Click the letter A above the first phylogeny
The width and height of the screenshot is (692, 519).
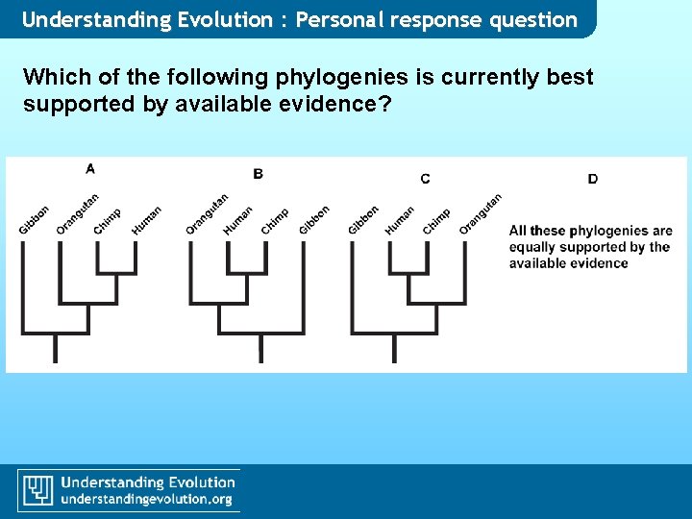(90, 168)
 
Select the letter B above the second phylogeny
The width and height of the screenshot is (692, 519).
(258, 173)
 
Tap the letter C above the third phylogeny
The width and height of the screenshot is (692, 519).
(425, 178)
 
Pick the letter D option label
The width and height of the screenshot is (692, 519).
(592, 178)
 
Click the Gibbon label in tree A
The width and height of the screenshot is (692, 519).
(34, 220)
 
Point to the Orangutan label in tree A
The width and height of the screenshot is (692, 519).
(77, 213)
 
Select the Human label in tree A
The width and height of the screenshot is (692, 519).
(146, 220)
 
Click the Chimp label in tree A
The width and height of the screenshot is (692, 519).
(108, 220)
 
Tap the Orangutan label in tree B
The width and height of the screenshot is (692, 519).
(207, 213)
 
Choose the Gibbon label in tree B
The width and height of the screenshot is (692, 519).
(314, 220)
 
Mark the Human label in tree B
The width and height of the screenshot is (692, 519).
(237, 220)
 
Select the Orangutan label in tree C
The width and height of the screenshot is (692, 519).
(481, 213)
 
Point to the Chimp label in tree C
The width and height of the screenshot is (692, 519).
(436, 220)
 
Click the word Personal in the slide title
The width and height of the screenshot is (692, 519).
(344, 19)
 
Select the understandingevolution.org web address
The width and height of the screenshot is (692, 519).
(147, 499)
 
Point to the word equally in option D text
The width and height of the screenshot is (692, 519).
(535, 247)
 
